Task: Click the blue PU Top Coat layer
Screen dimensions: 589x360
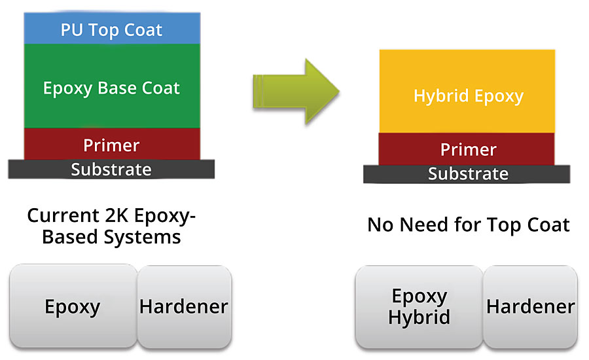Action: [112, 29]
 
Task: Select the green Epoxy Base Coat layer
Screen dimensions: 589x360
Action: [112, 86]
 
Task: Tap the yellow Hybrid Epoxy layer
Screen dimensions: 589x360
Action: [467, 92]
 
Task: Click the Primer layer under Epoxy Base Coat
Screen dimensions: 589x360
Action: [112, 144]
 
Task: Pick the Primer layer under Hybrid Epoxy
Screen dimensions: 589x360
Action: [467, 149]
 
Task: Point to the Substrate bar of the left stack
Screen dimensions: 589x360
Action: [111, 169]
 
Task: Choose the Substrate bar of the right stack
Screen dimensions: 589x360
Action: [467, 174]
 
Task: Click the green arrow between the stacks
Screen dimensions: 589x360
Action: [296, 92]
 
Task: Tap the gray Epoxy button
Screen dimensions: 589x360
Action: [73, 306]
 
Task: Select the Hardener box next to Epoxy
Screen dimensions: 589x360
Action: [185, 306]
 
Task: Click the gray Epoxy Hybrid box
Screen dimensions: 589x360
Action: [419, 307]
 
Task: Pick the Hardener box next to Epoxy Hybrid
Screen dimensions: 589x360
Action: [530, 307]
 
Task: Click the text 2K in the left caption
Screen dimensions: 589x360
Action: [117, 216]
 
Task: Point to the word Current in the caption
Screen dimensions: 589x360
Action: [63, 216]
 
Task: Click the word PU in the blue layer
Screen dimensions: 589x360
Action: [72, 29]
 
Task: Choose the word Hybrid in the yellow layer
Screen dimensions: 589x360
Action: [441, 96]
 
